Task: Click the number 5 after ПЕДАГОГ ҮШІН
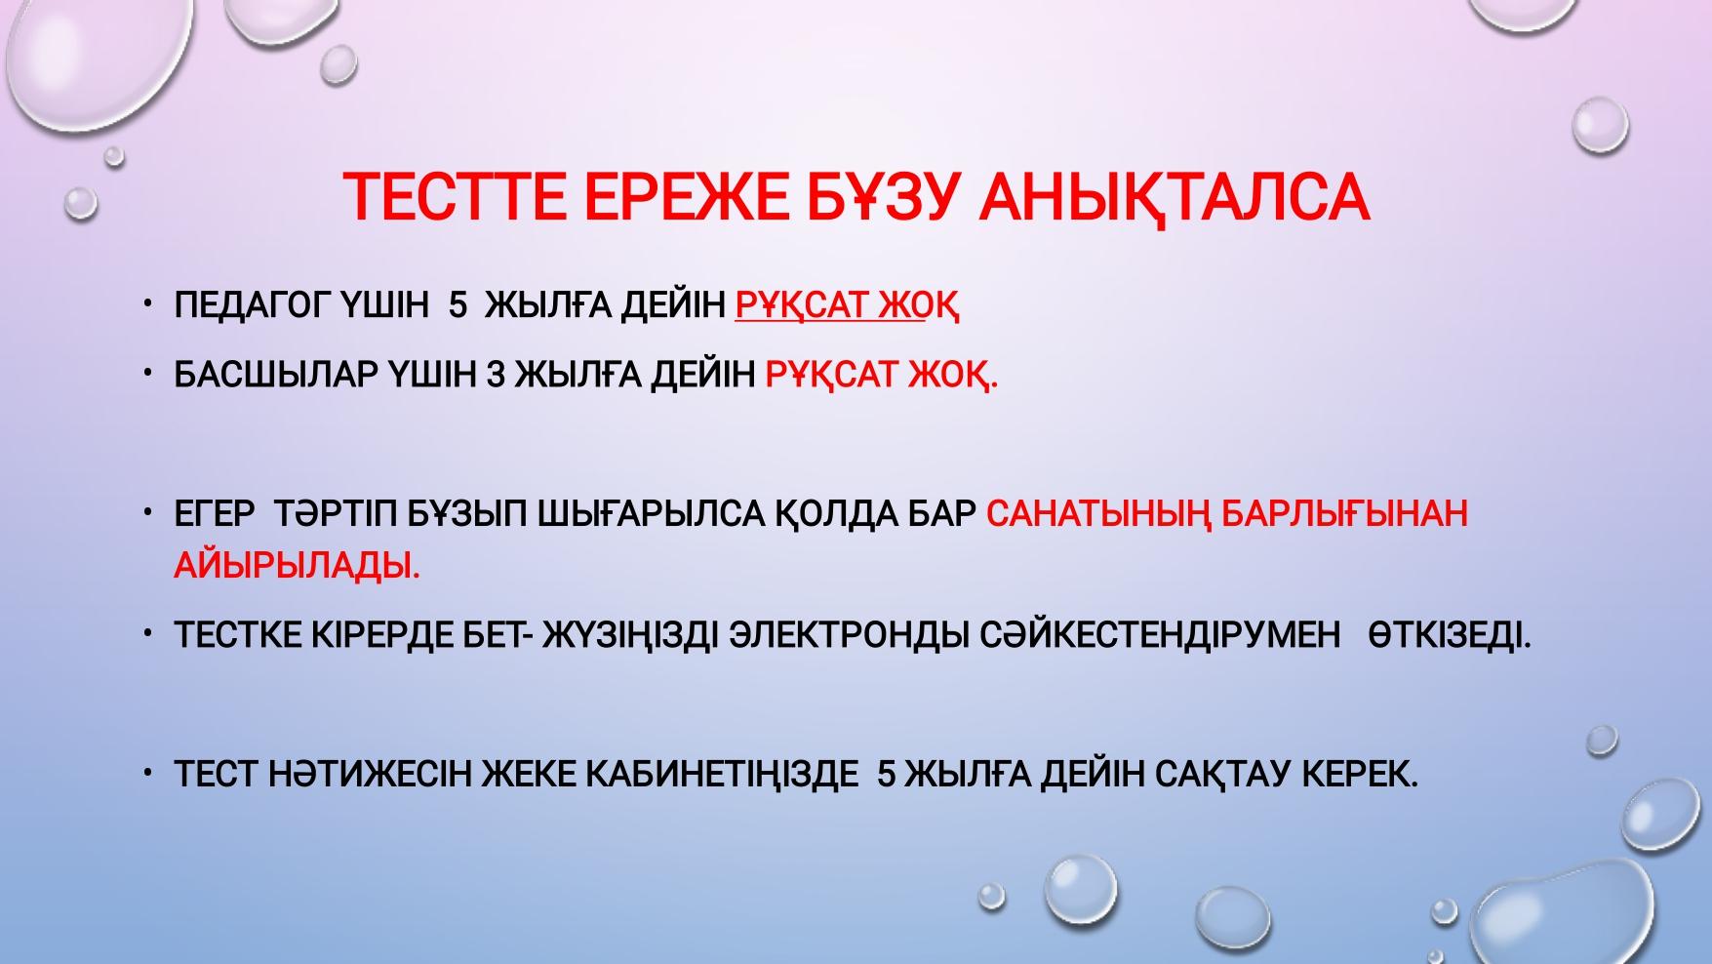coord(458,305)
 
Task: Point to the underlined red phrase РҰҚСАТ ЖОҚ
coord(847,306)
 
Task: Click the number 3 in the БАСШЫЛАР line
coord(495,374)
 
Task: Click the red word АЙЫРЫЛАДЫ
coord(297,565)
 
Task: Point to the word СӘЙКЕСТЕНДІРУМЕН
coord(1160,635)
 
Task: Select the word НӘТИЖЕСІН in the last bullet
coord(373,774)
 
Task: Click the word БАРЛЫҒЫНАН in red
coord(1344,513)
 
